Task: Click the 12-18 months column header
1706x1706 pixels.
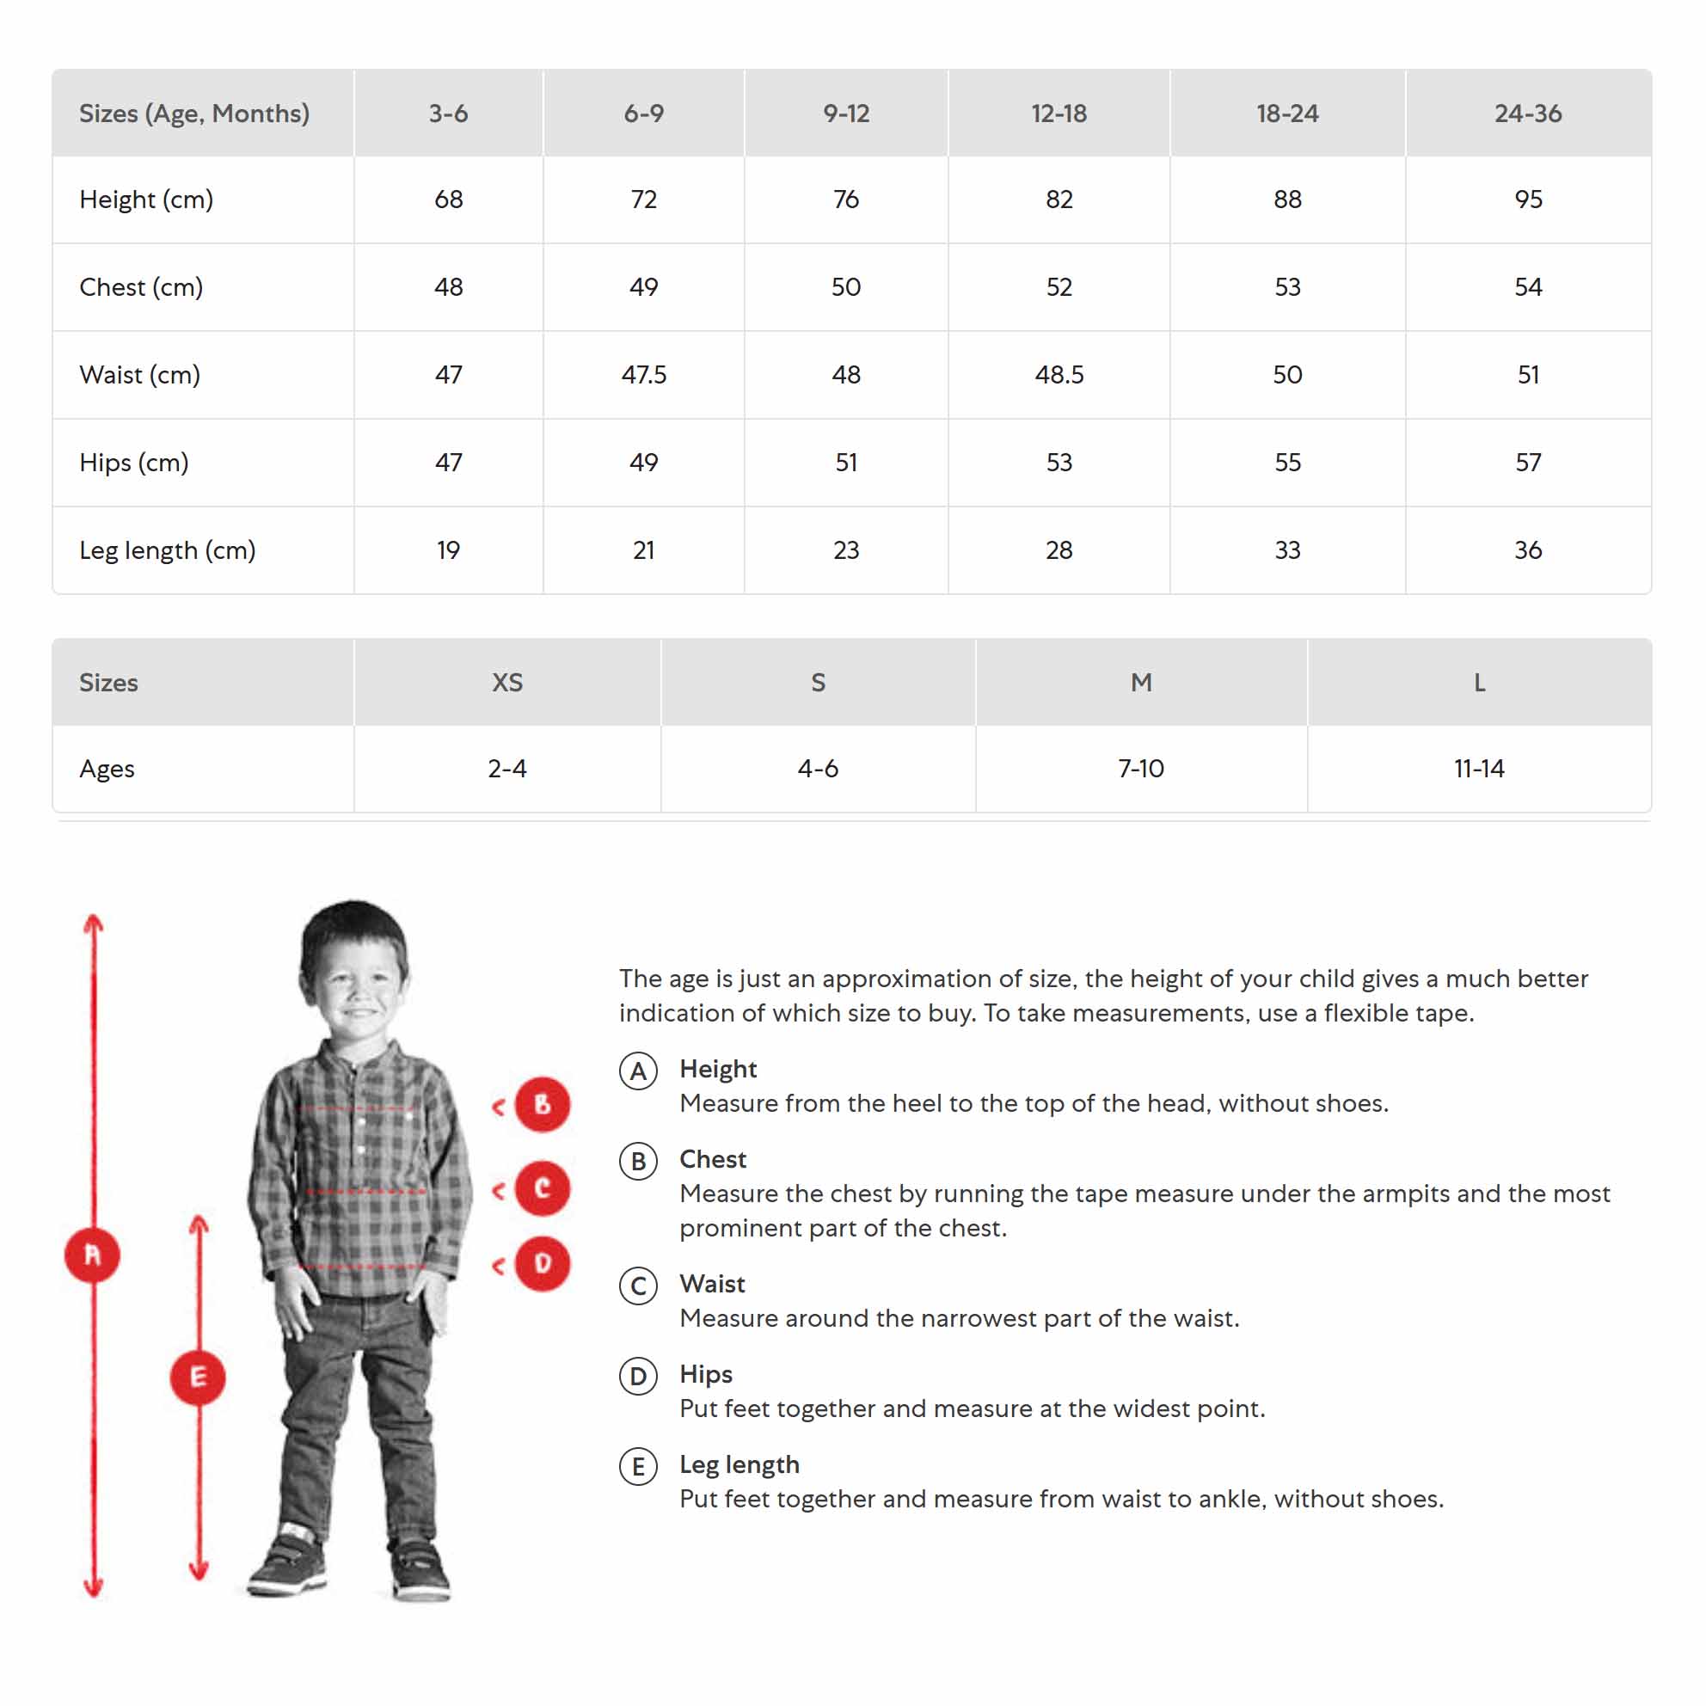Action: click(x=1059, y=113)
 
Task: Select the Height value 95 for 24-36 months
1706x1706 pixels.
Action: click(x=1528, y=199)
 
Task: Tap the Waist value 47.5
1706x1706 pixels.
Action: click(x=644, y=374)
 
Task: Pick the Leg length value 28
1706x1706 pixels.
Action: click(x=1059, y=550)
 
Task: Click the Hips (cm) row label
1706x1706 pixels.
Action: click(x=134, y=463)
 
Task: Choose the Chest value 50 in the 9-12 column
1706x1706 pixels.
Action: click(x=846, y=287)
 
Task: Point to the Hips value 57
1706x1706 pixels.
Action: click(x=1528, y=463)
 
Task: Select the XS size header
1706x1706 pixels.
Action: click(x=506, y=683)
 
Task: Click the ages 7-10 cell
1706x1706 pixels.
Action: click(x=1141, y=768)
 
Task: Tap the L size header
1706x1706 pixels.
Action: click(x=1479, y=683)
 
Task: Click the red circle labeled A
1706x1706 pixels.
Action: click(x=93, y=1255)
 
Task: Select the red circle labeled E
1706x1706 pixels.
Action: click(x=198, y=1377)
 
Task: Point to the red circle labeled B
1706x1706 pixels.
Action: click(x=543, y=1105)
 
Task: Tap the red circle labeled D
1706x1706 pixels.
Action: click(x=543, y=1264)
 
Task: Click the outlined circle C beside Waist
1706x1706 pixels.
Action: click(x=638, y=1286)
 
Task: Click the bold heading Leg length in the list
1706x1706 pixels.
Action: click(x=739, y=1465)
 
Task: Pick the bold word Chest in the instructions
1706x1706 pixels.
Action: click(x=713, y=1159)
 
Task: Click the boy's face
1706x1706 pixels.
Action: click(x=358, y=989)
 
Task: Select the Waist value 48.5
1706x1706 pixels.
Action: click(x=1059, y=374)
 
